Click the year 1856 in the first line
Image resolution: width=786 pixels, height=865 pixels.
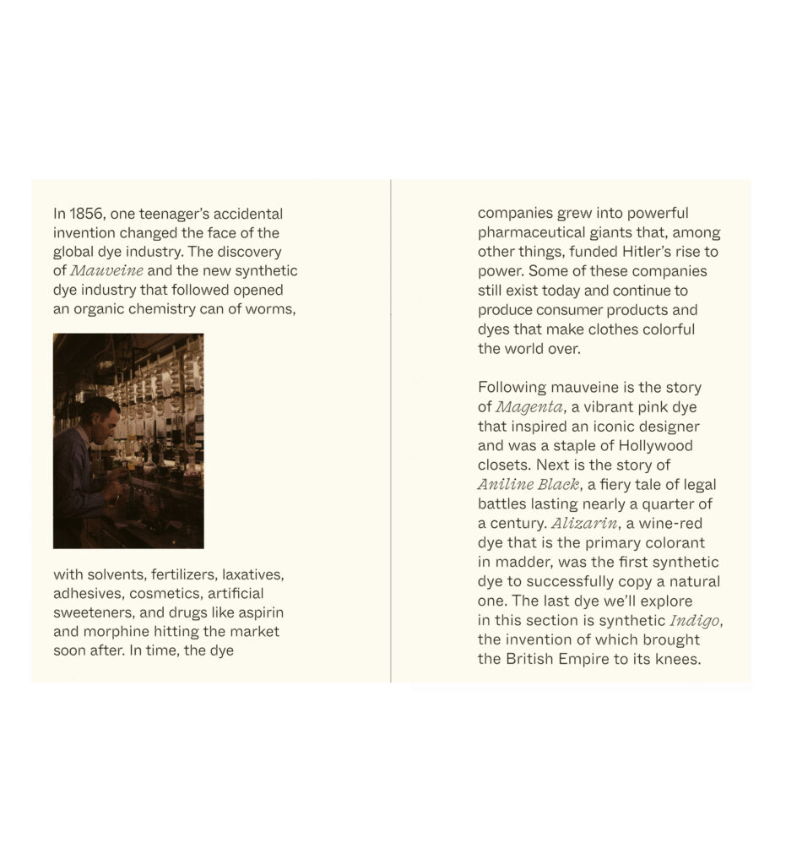coord(87,214)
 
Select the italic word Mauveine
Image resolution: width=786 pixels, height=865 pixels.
coord(106,271)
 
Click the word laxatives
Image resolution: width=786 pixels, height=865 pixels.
coord(252,575)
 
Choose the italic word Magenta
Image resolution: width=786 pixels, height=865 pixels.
coord(529,407)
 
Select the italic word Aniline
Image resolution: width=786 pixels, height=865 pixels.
coord(507,485)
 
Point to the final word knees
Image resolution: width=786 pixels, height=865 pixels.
coord(680,660)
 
